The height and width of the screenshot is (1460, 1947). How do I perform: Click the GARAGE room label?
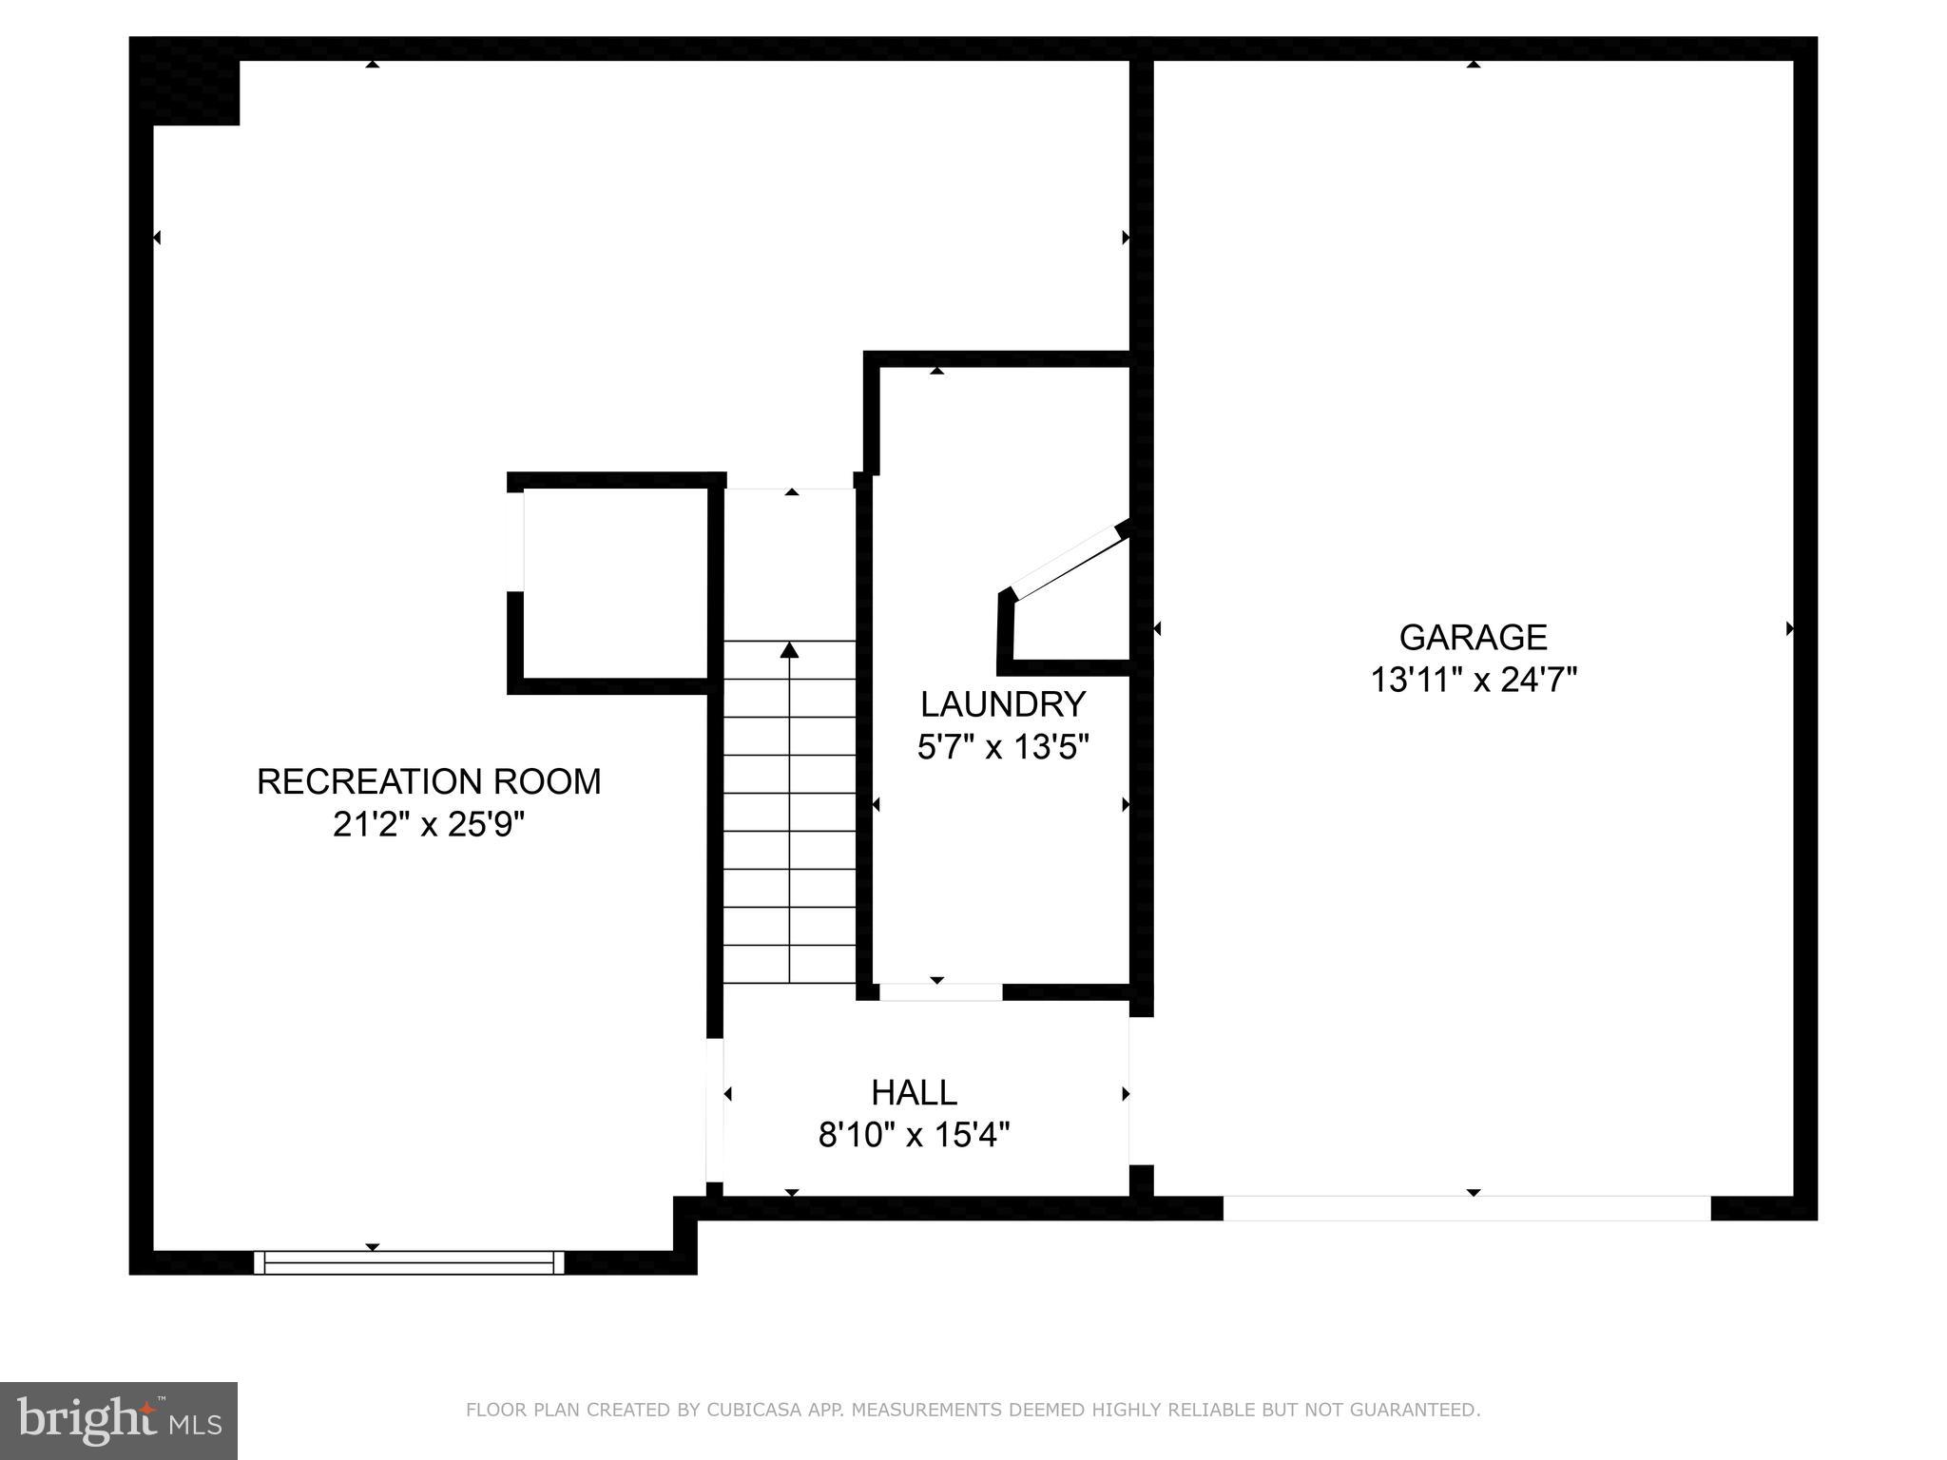click(x=1473, y=637)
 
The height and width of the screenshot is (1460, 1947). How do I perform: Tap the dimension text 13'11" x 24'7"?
click(x=1473, y=681)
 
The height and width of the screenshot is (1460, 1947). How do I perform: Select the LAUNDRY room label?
click(x=1002, y=704)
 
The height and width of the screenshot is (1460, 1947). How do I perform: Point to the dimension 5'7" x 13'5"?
click(x=1002, y=748)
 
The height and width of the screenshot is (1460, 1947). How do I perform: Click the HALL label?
click(x=914, y=1093)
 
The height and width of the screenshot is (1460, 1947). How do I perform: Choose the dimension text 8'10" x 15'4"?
click(x=914, y=1135)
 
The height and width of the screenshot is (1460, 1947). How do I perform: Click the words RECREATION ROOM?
click(x=429, y=781)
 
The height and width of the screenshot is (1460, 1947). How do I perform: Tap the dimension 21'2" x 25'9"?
click(x=429, y=824)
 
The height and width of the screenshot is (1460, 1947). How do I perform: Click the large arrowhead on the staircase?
click(x=789, y=650)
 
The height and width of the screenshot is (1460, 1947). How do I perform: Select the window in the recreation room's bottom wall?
click(x=409, y=1262)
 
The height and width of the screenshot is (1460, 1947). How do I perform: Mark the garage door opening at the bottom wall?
click(x=1466, y=1208)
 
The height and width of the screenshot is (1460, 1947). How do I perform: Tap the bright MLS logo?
click(x=118, y=1421)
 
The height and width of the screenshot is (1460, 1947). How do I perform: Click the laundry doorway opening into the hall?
click(x=939, y=992)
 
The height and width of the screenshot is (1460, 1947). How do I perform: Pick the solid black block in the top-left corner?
click(x=184, y=82)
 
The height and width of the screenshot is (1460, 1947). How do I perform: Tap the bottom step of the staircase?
click(x=789, y=964)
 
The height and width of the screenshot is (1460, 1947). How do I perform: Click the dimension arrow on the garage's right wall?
click(x=1789, y=628)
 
